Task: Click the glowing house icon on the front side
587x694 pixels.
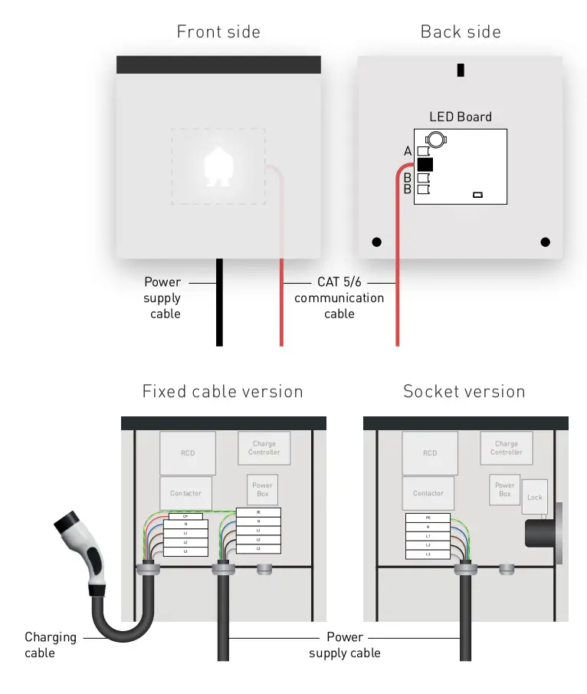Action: tap(218, 168)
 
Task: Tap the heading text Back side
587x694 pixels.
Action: tap(460, 32)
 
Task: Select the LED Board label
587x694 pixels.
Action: tap(460, 117)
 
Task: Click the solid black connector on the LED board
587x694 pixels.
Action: tap(425, 164)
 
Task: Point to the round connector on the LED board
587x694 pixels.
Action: tap(436, 140)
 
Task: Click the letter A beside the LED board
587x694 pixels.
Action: tap(408, 152)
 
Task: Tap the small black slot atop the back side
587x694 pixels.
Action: tap(460, 70)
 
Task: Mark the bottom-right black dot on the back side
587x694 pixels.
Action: tap(545, 242)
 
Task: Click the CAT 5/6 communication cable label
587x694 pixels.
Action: tap(339, 298)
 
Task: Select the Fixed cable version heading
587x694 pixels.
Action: tap(222, 392)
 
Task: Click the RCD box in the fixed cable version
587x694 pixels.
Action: tap(188, 453)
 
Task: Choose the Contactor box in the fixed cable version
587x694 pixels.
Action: tap(185, 493)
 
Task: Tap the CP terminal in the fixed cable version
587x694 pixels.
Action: tap(185, 516)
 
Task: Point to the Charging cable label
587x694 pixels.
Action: tap(51, 644)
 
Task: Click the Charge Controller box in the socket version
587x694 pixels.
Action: tap(506, 448)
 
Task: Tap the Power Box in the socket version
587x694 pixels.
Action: tap(504, 489)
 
